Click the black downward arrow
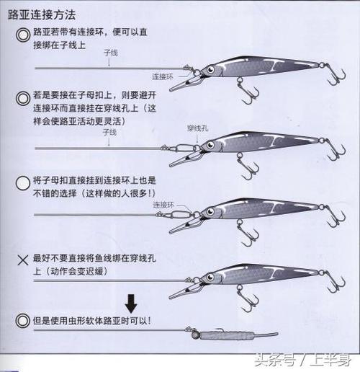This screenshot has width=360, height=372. [x=130, y=303]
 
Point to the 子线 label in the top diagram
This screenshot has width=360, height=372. [x=109, y=54]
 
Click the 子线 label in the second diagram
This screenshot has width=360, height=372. [x=109, y=133]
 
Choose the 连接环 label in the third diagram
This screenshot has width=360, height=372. [x=164, y=205]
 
